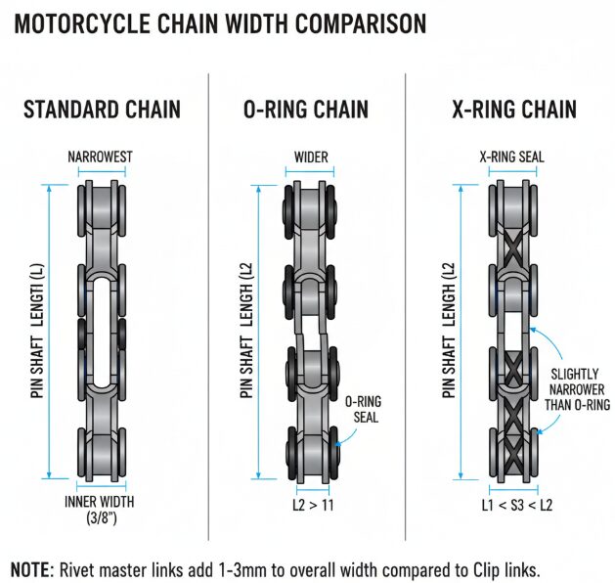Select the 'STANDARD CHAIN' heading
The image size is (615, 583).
coord(102,108)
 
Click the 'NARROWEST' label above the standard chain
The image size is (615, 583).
coord(102,157)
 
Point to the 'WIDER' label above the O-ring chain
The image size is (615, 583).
coord(311,157)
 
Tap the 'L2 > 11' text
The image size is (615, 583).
coord(312,505)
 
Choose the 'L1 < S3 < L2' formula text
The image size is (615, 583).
coord(517,505)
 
